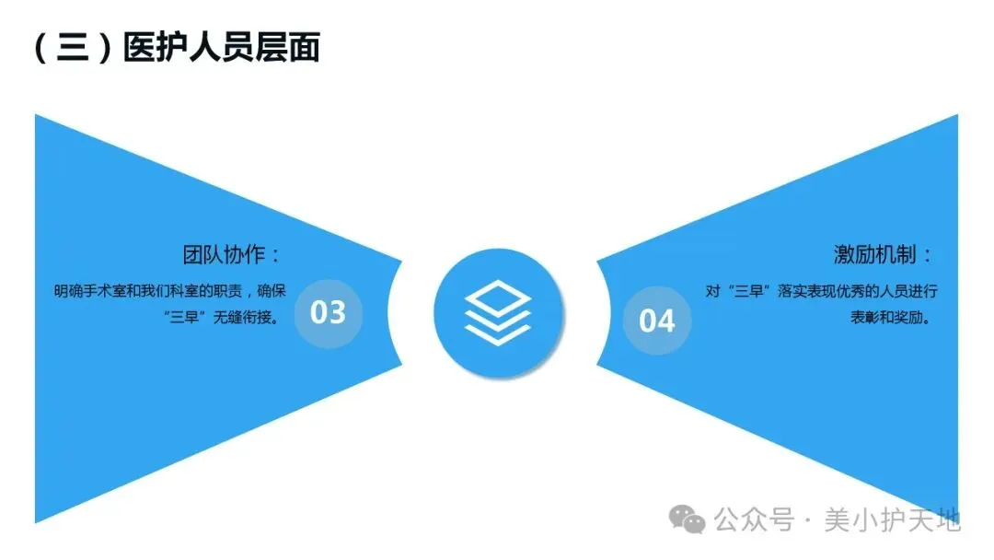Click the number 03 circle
coord(328,312)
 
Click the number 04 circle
coord(657,320)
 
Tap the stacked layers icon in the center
coord(496,312)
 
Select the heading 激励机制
coord(883,255)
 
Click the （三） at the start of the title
coord(71,47)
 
